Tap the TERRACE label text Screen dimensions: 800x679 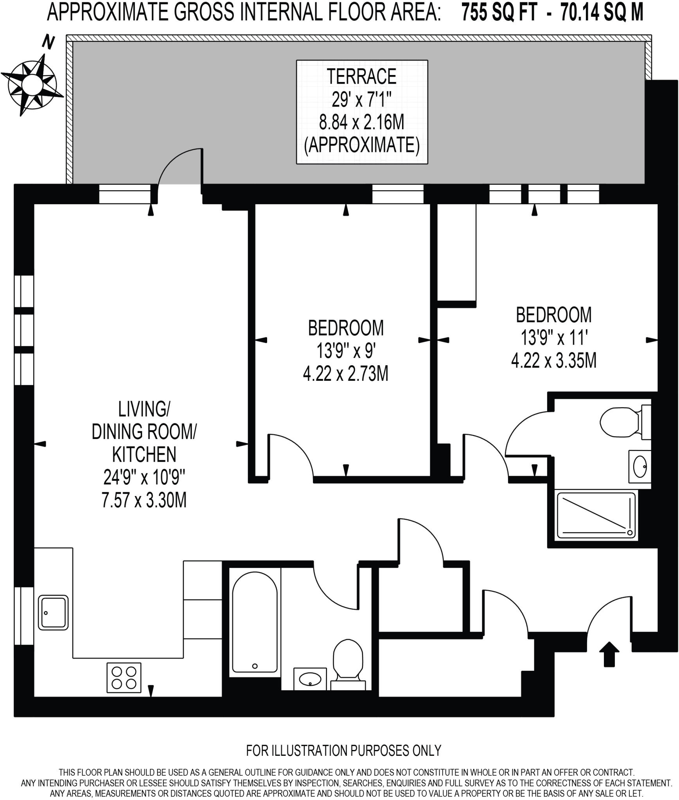[361, 77]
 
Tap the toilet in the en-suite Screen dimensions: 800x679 [622, 422]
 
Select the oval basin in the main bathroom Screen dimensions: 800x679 [310, 679]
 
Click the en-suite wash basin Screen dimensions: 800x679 [640, 466]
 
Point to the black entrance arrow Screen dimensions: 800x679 [609, 654]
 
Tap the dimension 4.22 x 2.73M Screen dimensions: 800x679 [346, 374]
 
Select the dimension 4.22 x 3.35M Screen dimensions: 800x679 [554, 361]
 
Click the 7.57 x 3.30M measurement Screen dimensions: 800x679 [144, 500]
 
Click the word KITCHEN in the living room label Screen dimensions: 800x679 [144, 454]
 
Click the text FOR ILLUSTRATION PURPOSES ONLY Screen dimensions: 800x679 [343, 750]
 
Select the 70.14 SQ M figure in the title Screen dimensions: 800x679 [602, 13]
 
